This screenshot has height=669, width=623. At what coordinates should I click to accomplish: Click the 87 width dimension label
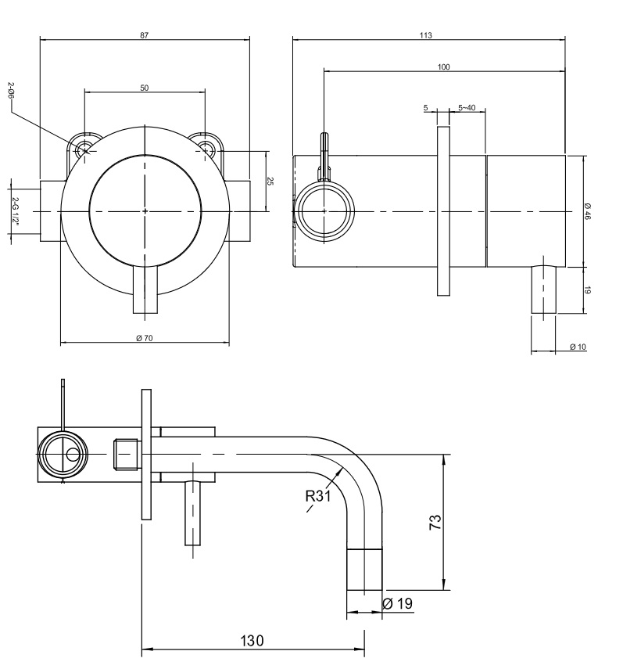point(145,35)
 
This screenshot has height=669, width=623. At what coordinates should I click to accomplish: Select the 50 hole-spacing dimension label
point(145,88)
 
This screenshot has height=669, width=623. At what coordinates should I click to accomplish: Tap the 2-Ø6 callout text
point(11,91)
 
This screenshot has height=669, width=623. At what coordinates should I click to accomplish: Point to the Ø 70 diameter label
point(145,338)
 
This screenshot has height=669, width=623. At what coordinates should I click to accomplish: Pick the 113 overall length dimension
point(426,35)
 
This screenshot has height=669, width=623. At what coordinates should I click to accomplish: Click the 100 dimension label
point(443,67)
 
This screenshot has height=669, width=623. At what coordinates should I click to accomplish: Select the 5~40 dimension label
point(467,107)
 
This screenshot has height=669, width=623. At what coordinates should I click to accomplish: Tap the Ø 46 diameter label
point(588,210)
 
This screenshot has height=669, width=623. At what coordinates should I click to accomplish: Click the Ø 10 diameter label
point(578,347)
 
